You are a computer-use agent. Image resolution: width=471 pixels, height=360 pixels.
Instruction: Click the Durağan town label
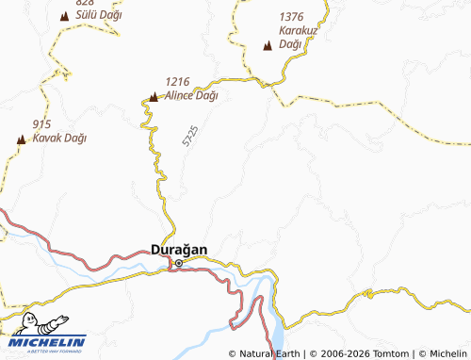click(179, 250)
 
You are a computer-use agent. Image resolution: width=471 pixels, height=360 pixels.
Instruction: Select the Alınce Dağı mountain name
click(192, 95)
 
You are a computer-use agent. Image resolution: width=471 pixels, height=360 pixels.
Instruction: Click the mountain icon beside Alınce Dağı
click(154, 95)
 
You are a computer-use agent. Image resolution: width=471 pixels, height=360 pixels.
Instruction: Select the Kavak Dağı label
click(59, 138)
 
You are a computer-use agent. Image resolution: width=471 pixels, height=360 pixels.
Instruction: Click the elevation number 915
click(41, 124)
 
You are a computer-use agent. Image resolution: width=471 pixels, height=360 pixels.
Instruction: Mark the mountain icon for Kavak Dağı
click(21, 139)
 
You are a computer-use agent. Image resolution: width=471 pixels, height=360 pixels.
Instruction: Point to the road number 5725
click(191, 137)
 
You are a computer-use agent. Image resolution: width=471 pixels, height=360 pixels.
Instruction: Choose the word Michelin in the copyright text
click(447, 353)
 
